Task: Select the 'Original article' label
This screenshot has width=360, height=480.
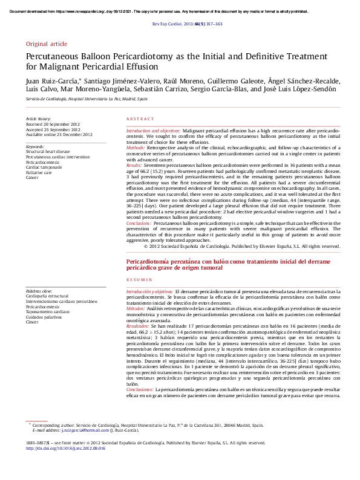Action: (x=47, y=44)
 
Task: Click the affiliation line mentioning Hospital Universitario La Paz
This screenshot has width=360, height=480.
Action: (x=87, y=99)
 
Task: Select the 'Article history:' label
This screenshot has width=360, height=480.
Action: (x=39, y=119)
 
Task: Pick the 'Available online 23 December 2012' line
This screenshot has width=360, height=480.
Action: (x=59, y=134)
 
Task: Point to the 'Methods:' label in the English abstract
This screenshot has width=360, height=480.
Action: (x=136, y=147)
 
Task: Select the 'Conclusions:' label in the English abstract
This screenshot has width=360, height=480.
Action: (x=139, y=223)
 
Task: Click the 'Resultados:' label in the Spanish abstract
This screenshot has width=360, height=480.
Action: (x=139, y=326)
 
